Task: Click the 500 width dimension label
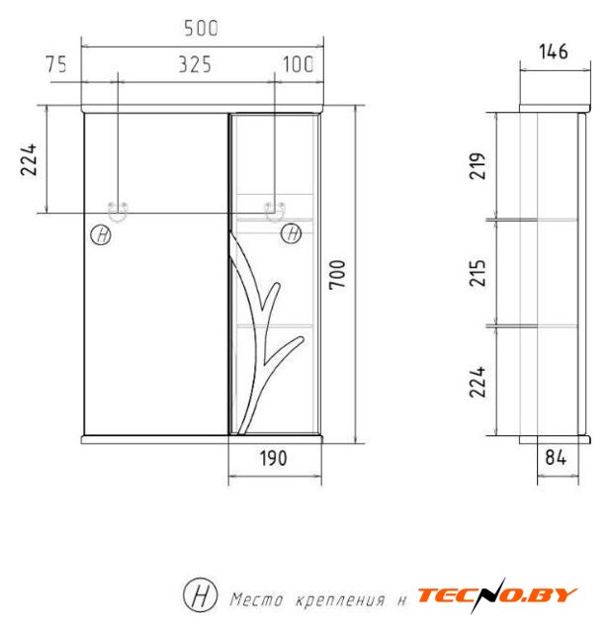click(201, 29)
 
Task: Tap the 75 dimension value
click(56, 64)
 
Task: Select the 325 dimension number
click(195, 64)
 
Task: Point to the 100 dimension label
click(298, 64)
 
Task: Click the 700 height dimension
click(337, 275)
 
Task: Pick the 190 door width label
click(273, 458)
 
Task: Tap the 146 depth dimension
click(554, 51)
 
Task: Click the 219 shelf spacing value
click(477, 166)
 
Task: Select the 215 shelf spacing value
click(477, 273)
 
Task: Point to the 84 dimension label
click(556, 457)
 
